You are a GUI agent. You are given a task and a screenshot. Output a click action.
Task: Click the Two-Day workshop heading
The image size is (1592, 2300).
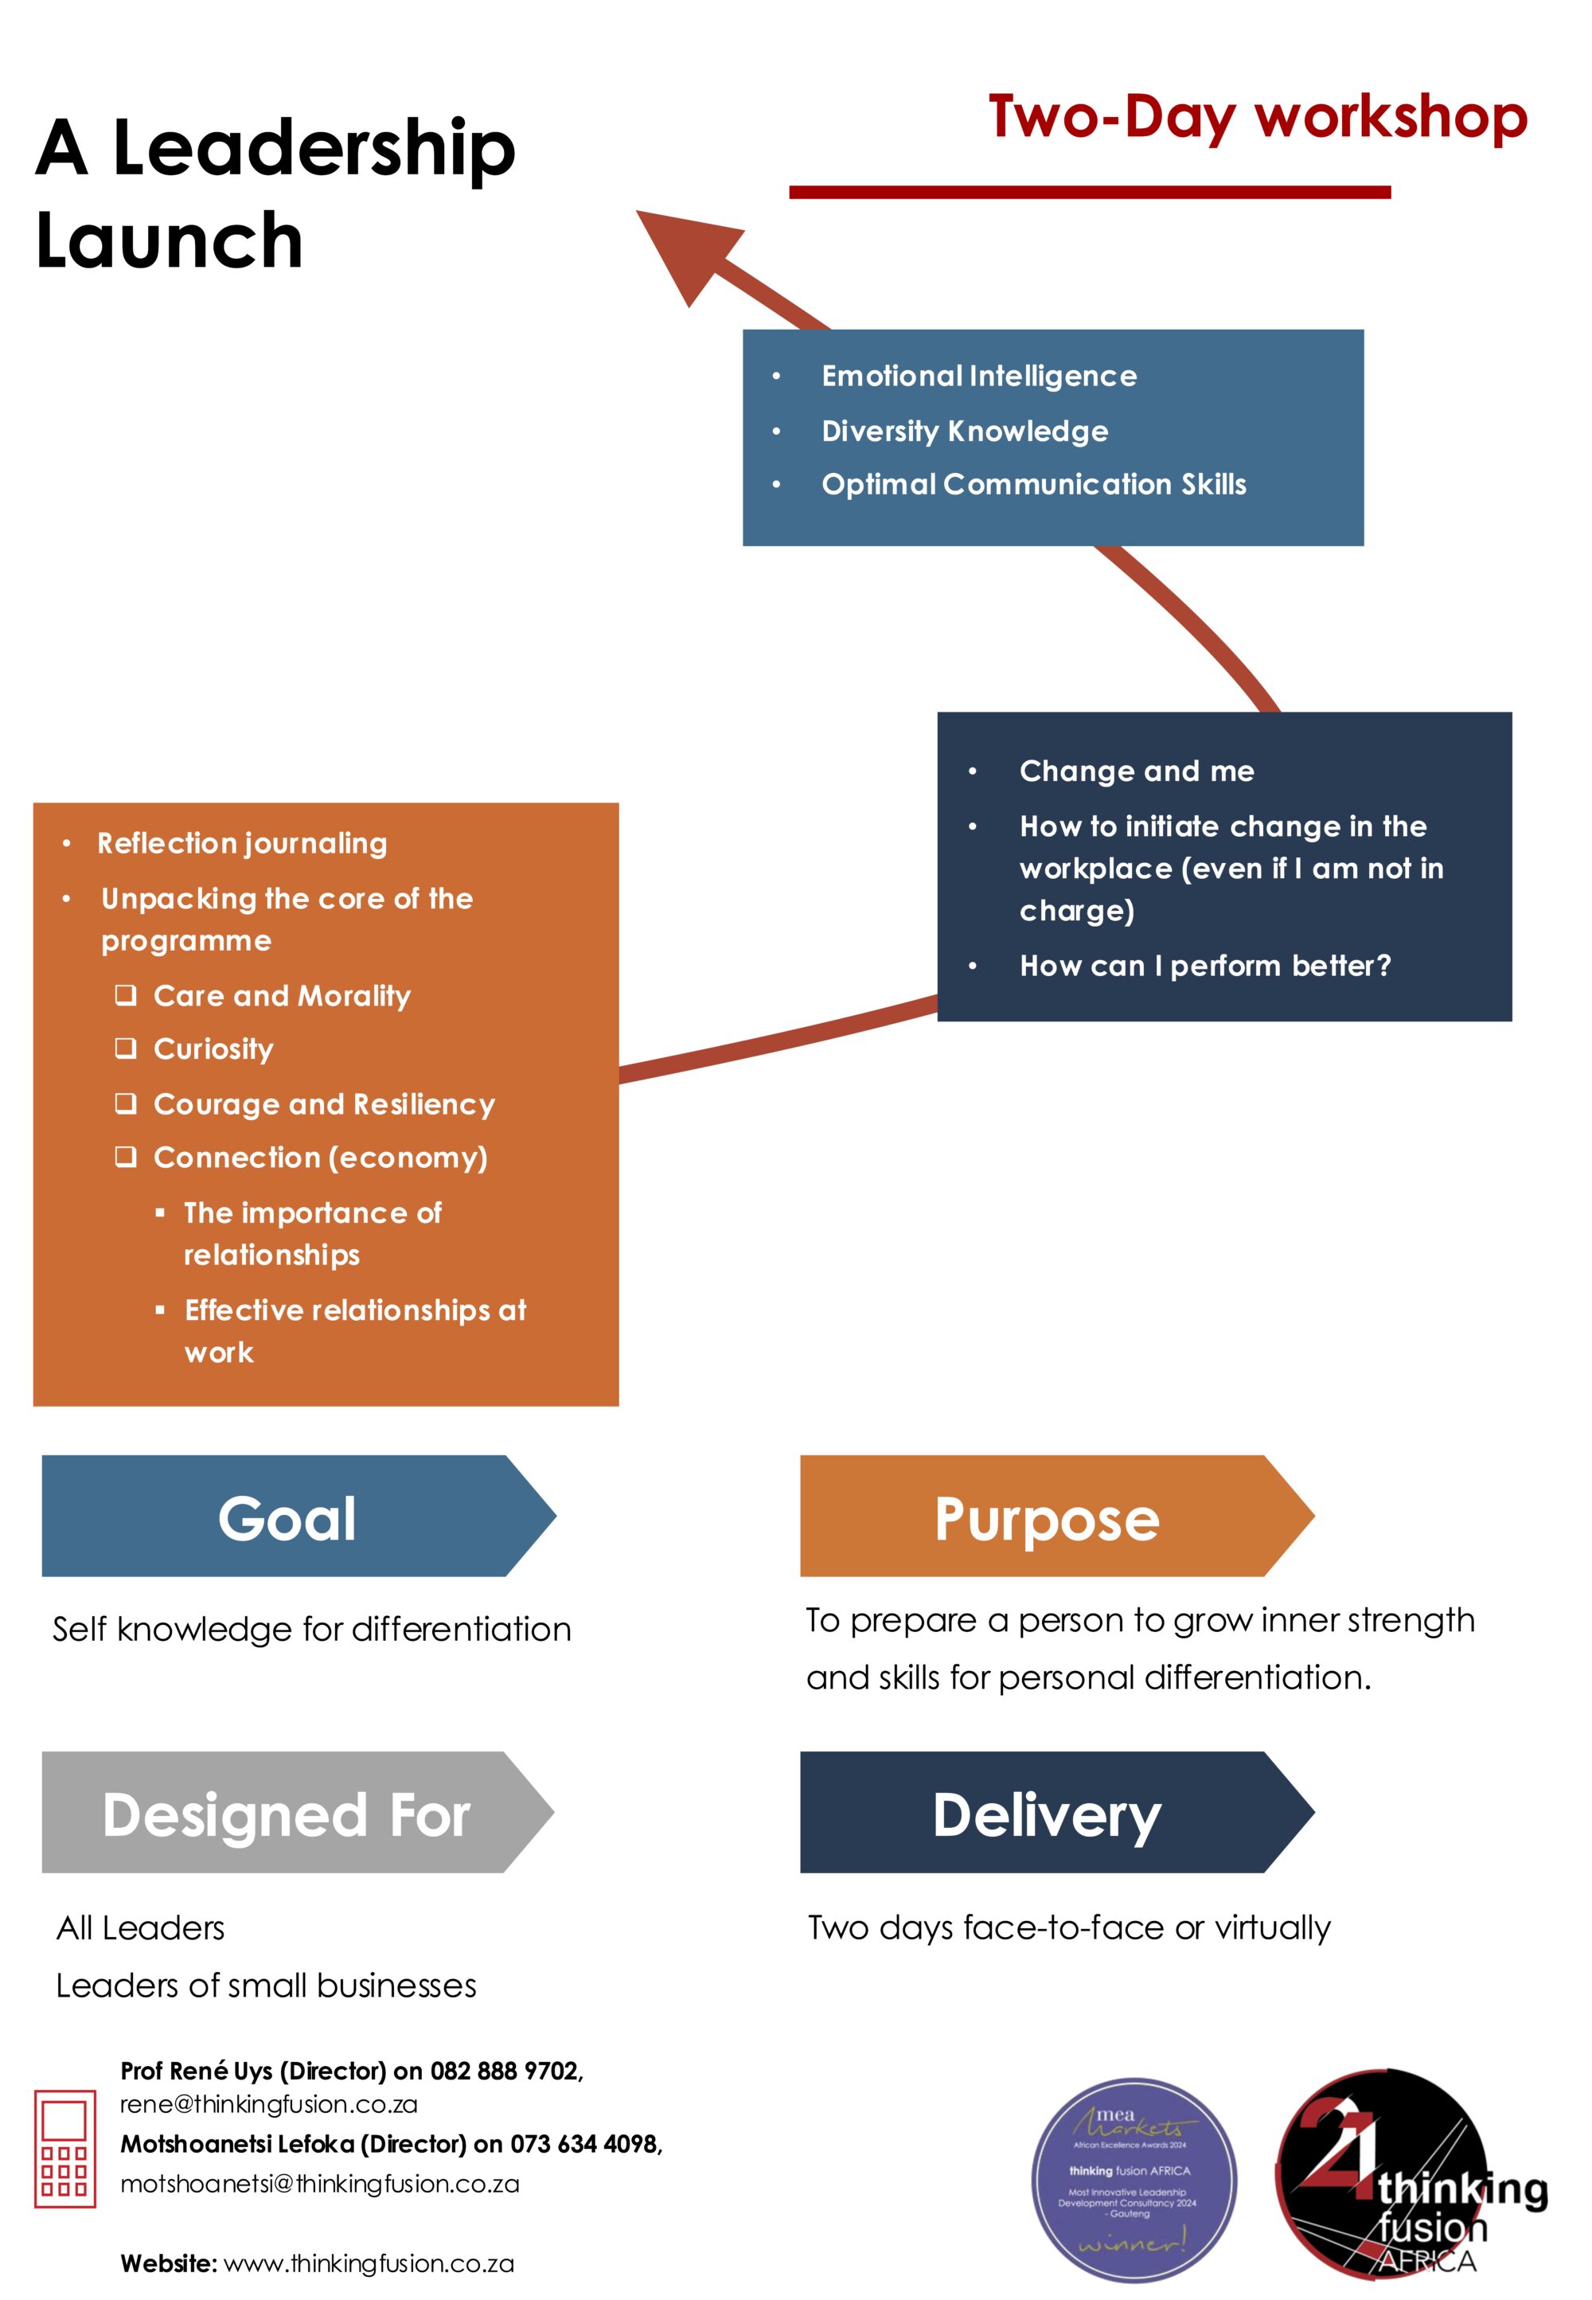click(1258, 118)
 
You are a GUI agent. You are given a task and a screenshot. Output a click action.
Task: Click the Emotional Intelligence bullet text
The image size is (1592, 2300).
click(978, 376)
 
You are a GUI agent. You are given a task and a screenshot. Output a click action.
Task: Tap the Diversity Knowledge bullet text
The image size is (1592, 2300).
click(965, 431)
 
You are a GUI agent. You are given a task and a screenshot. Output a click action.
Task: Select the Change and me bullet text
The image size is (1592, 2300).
click(1136, 771)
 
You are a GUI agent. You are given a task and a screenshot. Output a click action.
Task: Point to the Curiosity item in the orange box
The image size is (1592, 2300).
click(213, 1049)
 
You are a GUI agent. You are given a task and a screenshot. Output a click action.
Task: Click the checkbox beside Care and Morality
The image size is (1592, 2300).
click(126, 994)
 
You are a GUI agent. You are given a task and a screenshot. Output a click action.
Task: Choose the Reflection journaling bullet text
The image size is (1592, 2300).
click(243, 844)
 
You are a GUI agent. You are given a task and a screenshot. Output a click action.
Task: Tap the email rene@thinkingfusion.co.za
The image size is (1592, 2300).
click(268, 2103)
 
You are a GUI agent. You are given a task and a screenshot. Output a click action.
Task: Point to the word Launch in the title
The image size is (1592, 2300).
click(170, 240)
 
